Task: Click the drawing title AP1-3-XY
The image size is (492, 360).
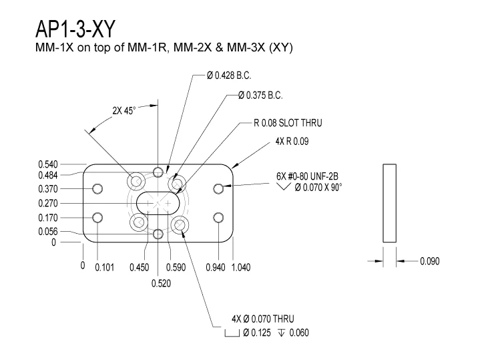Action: coord(75,29)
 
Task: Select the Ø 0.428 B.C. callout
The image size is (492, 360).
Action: coord(229,75)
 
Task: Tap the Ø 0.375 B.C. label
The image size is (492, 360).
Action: coord(260,95)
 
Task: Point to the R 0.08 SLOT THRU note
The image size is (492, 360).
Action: coord(288,123)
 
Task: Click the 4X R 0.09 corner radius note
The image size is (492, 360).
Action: coord(292,141)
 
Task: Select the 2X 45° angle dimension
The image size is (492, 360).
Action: coord(124,111)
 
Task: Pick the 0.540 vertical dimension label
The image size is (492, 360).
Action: coord(48,164)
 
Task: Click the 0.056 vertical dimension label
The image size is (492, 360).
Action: coord(48,231)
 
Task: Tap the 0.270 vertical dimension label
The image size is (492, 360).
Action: coord(48,204)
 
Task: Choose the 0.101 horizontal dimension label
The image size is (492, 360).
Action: coord(105,267)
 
